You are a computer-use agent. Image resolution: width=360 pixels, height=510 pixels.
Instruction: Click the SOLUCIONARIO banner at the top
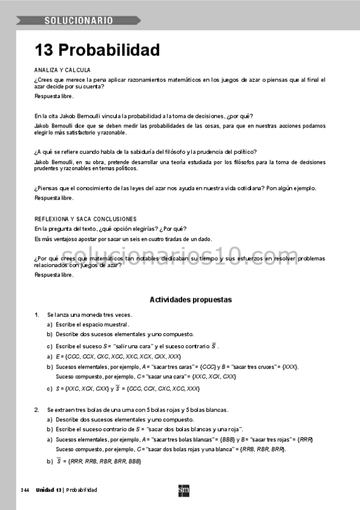[x=79, y=21]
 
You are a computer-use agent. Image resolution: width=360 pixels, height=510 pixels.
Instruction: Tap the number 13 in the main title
[x=44, y=49]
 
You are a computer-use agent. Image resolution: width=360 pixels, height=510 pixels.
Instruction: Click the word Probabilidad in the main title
[x=109, y=49]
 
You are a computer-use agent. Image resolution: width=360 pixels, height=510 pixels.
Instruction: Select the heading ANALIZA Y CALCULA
[x=63, y=70]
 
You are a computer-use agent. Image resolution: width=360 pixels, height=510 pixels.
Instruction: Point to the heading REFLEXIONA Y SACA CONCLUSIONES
[x=85, y=219]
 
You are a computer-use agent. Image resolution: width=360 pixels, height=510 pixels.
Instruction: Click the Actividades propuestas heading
[x=191, y=300]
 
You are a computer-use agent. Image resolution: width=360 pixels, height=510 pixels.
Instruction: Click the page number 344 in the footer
[x=25, y=490]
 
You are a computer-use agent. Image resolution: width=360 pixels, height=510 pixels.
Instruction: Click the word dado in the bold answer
[x=204, y=239]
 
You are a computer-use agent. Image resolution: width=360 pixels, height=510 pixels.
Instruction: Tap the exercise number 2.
[x=37, y=410]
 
